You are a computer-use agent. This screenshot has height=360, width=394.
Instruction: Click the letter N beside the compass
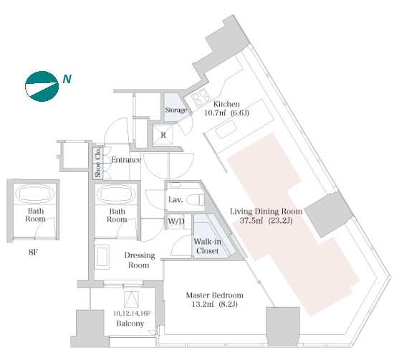click(x=67, y=79)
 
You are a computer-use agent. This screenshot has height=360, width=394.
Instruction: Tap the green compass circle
click(x=42, y=86)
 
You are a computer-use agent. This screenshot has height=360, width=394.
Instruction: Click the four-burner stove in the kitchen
click(x=201, y=97)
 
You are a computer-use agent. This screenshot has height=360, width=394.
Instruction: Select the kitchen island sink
click(x=226, y=129)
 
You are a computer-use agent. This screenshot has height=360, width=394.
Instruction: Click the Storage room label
click(x=176, y=110)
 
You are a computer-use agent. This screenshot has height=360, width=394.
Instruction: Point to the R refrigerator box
click(x=163, y=135)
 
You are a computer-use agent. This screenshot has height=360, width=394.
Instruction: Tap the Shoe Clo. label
click(x=98, y=162)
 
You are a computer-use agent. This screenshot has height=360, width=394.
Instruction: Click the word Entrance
click(x=126, y=160)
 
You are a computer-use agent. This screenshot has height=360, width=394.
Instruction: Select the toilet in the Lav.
click(x=196, y=200)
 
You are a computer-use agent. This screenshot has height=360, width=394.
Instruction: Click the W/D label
click(x=176, y=222)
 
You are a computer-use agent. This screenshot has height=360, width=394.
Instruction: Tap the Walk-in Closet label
click(x=207, y=246)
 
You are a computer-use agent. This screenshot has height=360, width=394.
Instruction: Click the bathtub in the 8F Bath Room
click(x=34, y=194)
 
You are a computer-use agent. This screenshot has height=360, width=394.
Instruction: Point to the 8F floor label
click(x=33, y=252)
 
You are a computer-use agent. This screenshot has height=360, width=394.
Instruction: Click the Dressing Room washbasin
click(x=102, y=257)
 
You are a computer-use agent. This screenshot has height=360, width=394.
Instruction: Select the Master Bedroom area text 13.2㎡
click(x=203, y=304)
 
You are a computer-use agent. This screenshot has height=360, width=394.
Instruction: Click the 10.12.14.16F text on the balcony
click(x=132, y=313)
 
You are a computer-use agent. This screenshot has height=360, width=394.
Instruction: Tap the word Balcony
click(x=130, y=323)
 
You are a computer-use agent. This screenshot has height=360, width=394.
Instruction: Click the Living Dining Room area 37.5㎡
click(x=251, y=221)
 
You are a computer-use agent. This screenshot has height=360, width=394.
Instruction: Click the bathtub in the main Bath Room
click(x=116, y=194)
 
